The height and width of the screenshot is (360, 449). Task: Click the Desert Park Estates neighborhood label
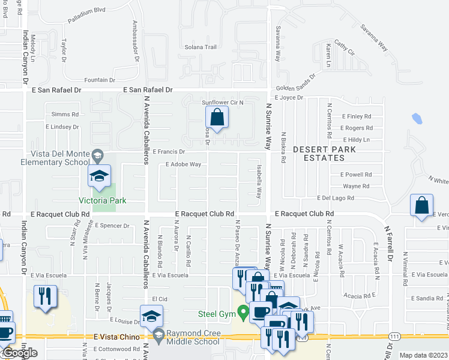coord(319,153)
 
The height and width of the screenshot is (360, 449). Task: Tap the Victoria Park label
coord(103,200)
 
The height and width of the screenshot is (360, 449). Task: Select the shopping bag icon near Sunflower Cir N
coord(218,116)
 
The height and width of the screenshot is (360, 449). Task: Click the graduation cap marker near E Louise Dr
coord(151,316)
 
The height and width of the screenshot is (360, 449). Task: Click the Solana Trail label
coord(200,47)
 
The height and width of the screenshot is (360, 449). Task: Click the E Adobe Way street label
coord(183,164)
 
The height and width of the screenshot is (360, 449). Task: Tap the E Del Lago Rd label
coord(340,198)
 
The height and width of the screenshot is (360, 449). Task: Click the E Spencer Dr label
coord(112,226)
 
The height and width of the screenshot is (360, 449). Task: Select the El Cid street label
coord(159,298)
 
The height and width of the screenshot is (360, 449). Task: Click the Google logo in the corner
coord(20,353)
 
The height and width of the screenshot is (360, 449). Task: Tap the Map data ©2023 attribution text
coord(423,355)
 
